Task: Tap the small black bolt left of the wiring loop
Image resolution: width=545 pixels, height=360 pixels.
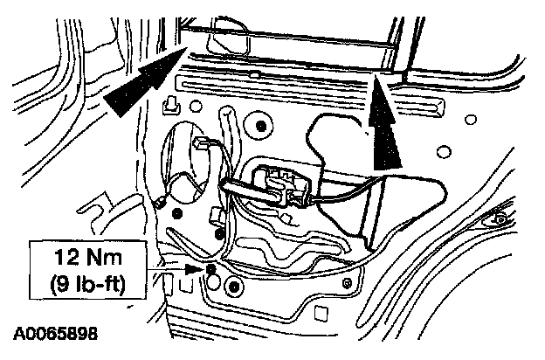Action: point(177,213)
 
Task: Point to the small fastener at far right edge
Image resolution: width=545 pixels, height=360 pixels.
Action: point(500,217)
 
